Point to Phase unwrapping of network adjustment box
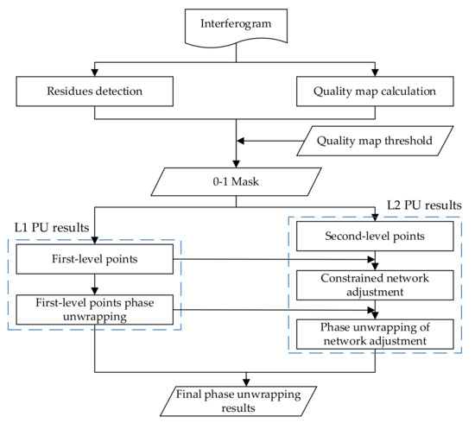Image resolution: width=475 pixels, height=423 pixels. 374,334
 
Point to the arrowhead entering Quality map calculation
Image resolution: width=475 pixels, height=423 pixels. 374,70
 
